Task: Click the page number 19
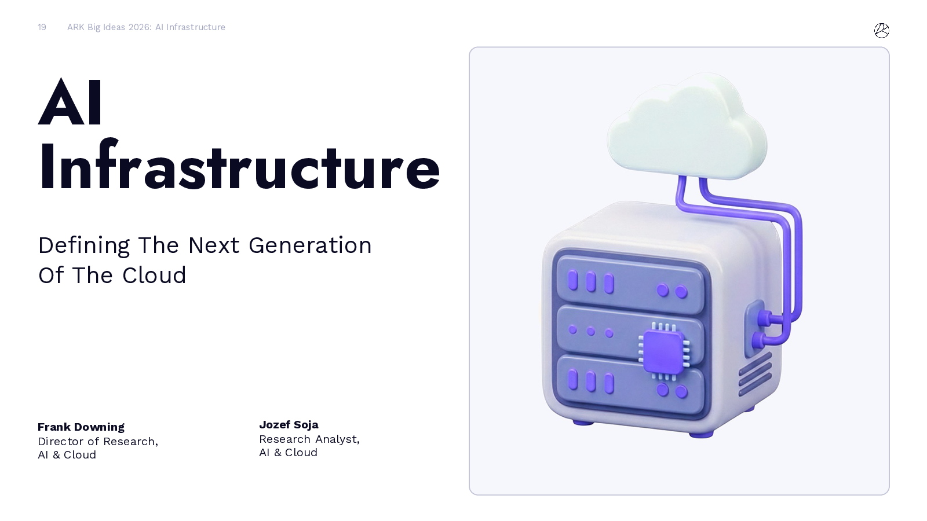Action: point(42,27)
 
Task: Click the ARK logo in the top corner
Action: point(881,31)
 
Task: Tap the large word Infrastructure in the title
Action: point(239,166)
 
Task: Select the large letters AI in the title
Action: point(70,102)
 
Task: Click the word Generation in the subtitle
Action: point(310,245)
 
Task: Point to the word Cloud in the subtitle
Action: point(154,276)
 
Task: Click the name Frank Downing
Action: point(81,427)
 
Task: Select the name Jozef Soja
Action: point(289,425)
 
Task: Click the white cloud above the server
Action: point(687,127)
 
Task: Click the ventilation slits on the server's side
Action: point(756,374)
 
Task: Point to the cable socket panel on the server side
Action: point(754,329)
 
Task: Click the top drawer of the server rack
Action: point(630,285)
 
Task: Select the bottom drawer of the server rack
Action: point(630,384)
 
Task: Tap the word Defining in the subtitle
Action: point(84,245)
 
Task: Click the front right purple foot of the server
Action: point(701,434)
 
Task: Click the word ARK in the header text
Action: point(76,27)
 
